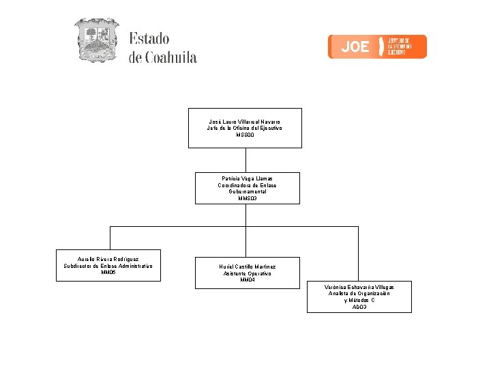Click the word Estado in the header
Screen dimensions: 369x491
[149, 39]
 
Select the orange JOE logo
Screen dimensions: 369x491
[377, 46]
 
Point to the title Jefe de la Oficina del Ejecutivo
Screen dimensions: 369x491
[244, 128]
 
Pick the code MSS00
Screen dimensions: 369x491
[244, 135]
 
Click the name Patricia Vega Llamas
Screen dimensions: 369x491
[247, 178]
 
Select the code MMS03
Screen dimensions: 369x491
[247, 199]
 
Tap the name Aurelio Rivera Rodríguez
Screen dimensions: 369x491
[108, 259]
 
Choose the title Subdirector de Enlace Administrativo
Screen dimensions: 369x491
[108, 266]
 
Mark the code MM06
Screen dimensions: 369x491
[108, 273]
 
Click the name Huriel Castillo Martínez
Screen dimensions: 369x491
[247, 266]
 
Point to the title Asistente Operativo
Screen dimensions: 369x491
[247, 273]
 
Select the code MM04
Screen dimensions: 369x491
[247, 280]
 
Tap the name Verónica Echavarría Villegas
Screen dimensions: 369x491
[359, 287]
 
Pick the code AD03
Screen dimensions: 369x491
[359, 307]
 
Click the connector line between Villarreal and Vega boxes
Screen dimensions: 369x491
[245, 160]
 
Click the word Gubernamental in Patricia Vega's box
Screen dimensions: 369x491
[247, 192]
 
